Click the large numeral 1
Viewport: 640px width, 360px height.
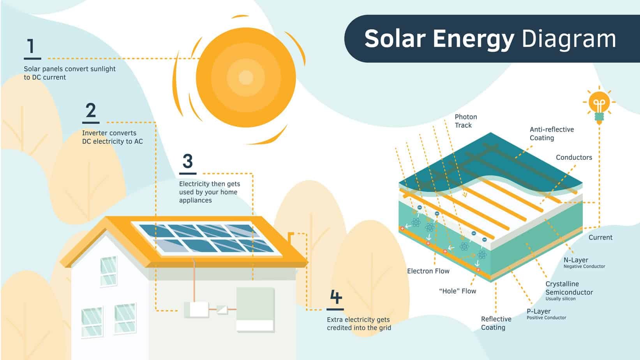(31, 46)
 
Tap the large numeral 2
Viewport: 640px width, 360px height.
(91, 111)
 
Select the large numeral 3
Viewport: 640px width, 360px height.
(187, 161)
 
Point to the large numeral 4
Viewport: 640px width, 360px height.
(335, 297)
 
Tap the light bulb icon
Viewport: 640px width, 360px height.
(599, 105)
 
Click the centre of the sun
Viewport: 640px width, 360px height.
(245, 78)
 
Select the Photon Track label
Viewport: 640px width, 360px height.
(465, 121)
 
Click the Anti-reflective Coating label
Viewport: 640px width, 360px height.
(551, 134)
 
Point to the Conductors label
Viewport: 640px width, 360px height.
(573, 157)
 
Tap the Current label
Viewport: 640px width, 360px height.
(600, 237)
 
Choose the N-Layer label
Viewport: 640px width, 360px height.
(576, 260)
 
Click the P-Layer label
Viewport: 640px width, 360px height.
(538, 311)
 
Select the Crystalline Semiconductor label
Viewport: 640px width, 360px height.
(569, 288)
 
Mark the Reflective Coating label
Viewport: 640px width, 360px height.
(496, 323)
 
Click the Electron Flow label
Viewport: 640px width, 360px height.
(428, 271)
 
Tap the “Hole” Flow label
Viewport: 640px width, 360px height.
(457, 291)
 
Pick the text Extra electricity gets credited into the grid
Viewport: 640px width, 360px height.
(358, 323)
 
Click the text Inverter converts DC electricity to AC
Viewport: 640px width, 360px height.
(112, 137)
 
